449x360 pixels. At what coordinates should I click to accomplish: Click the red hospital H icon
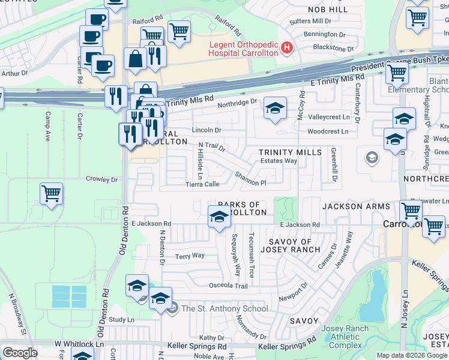(287, 47)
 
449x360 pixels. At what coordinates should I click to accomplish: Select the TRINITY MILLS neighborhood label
(291, 153)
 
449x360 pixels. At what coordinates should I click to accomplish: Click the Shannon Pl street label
(250, 178)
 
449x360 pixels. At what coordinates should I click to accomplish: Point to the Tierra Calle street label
(202, 184)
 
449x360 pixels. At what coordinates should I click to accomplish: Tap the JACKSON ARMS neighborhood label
(351, 206)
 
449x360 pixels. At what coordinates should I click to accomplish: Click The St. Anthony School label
(224, 308)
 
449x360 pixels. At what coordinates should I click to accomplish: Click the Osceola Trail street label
(228, 286)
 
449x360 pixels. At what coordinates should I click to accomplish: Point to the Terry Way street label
(190, 256)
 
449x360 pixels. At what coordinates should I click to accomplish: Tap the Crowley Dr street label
(101, 179)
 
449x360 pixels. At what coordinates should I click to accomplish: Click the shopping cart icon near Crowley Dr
(52, 194)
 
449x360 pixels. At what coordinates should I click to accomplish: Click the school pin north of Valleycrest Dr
(275, 109)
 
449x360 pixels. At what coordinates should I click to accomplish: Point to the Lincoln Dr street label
(206, 130)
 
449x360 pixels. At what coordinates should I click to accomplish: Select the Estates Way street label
(279, 161)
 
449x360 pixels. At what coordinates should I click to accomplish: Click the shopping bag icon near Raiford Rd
(136, 59)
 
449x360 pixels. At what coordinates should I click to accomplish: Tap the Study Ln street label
(122, 320)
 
